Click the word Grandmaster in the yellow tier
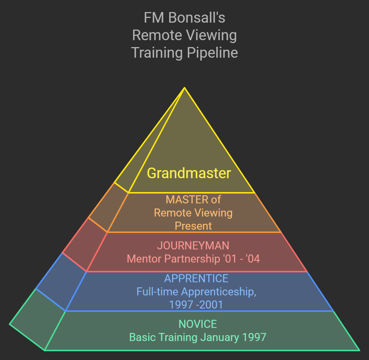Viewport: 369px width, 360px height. tap(189, 173)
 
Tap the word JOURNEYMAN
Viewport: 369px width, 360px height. tap(193, 245)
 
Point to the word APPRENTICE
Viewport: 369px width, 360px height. tap(196, 279)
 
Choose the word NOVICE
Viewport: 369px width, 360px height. tap(198, 324)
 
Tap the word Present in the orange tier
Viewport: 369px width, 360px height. tap(193, 226)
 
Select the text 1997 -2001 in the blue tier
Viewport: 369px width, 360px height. tap(196, 304)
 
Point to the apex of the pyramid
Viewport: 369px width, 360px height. tap(184, 88)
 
